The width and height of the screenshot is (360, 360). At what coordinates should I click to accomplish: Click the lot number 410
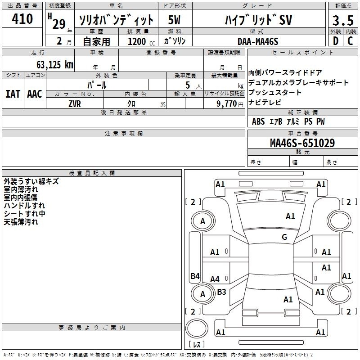22,19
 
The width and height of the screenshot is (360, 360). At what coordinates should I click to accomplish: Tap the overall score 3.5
343,20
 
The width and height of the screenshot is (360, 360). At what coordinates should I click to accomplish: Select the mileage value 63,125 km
55,65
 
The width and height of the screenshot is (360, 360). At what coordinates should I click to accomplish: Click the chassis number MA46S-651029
302,143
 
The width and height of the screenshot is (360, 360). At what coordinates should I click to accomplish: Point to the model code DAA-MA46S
258,41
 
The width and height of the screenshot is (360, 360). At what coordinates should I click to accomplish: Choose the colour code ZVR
75,104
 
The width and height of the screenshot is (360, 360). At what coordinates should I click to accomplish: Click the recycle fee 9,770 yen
230,104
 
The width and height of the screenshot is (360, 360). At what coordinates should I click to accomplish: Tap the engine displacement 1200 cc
141,41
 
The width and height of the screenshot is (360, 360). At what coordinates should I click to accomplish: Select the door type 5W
174,20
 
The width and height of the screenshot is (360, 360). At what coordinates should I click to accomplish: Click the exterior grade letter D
336,41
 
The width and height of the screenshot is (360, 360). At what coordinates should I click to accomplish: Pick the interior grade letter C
350,41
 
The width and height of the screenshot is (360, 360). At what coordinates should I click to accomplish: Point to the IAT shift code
13,94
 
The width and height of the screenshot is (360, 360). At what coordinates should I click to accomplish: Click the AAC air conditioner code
35,94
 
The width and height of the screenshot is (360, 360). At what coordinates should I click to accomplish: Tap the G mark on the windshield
284,237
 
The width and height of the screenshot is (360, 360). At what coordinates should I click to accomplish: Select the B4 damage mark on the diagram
195,276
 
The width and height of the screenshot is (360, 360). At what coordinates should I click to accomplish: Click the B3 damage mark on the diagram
221,292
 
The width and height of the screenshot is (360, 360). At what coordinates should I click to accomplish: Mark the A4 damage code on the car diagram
215,279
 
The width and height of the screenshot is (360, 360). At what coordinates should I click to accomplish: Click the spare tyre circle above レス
197,328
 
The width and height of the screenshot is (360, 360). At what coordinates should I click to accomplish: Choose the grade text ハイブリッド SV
258,20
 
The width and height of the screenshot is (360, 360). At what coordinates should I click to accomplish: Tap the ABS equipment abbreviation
258,121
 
